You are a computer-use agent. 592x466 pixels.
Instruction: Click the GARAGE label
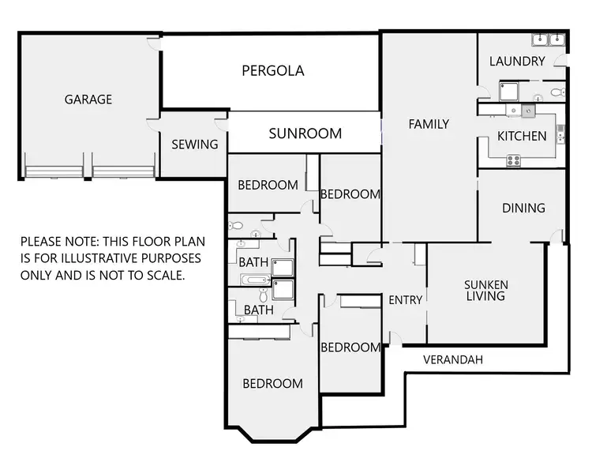88,100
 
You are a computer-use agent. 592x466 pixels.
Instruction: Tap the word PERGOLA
272,71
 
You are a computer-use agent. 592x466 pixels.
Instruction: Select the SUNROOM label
305,133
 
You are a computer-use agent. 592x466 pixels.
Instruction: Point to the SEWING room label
194,144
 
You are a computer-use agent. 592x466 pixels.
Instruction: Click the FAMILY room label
429,124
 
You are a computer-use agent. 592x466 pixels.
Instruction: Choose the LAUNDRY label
517,62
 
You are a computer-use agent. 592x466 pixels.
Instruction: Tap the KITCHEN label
522,136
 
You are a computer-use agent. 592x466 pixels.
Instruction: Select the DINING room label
523,209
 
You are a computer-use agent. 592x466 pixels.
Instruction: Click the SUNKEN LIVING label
485,290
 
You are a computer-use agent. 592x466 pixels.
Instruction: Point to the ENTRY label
406,300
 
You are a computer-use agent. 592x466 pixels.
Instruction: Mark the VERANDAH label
453,360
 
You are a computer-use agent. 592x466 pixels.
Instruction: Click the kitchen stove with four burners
514,160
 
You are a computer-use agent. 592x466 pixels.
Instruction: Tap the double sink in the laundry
549,39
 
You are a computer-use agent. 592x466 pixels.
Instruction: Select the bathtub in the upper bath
255,280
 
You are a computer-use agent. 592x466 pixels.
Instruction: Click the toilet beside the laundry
557,92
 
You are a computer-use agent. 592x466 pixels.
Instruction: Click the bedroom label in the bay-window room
272,384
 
